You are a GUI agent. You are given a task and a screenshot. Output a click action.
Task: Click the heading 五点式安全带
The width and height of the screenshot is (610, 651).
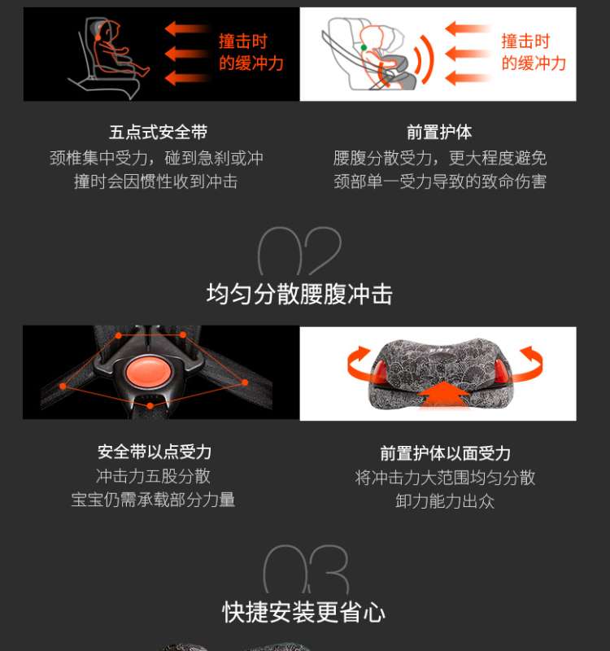pos(158,133)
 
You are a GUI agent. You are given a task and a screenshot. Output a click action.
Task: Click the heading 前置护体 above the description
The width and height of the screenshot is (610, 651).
pos(439,133)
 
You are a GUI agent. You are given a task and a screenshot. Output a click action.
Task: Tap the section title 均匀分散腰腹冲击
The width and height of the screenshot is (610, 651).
pos(299,295)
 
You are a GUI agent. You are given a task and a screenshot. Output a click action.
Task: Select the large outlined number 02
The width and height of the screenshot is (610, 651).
pos(299,251)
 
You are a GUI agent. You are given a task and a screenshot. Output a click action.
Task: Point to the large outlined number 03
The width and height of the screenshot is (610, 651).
pos(306,569)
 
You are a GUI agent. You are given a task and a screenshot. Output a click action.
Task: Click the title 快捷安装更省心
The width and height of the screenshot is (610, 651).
pos(303,612)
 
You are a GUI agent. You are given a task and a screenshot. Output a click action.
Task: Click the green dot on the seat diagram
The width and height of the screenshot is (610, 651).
pos(364,48)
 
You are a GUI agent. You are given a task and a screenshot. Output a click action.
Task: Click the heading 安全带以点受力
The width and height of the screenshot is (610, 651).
pos(155,452)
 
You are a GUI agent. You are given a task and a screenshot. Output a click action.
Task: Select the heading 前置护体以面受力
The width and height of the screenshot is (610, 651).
pos(445,453)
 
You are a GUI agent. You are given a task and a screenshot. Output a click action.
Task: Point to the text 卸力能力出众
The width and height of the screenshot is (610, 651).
pos(445,501)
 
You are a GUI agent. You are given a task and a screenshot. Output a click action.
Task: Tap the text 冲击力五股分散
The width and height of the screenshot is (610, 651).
pos(153,476)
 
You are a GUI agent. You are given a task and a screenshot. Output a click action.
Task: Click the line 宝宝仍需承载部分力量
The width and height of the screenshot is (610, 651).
pos(153,500)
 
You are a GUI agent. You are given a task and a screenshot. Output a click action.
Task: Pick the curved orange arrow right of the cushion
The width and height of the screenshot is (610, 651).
pos(529,364)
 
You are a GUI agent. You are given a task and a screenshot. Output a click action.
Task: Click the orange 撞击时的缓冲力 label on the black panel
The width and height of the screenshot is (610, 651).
pos(251,52)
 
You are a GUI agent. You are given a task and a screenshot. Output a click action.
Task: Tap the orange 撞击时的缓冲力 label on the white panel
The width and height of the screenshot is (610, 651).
pos(534,52)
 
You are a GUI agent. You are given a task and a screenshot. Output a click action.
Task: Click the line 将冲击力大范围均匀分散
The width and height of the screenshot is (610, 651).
pos(445,478)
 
